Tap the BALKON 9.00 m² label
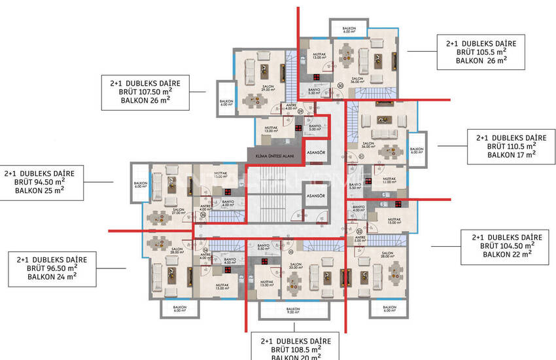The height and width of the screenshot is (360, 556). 293,310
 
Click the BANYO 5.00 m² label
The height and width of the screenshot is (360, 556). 315,128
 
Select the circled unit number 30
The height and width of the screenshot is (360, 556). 340,86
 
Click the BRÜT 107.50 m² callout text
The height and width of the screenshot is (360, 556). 145,93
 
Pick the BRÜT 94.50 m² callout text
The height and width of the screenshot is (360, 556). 39,182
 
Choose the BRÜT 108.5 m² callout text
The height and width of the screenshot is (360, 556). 296,350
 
